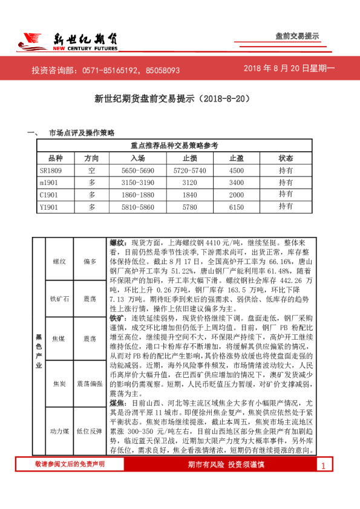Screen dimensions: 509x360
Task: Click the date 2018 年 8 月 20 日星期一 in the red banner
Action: coord(289,69)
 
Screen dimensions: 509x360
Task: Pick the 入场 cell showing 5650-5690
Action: coord(137,170)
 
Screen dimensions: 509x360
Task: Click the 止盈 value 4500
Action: coord(237,170)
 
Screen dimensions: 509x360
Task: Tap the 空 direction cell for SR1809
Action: coord(92,170)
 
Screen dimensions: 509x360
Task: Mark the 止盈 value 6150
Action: coord(237,207)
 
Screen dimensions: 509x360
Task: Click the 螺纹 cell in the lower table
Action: coord(59,261)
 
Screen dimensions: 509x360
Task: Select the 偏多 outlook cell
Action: coord(90,261)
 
